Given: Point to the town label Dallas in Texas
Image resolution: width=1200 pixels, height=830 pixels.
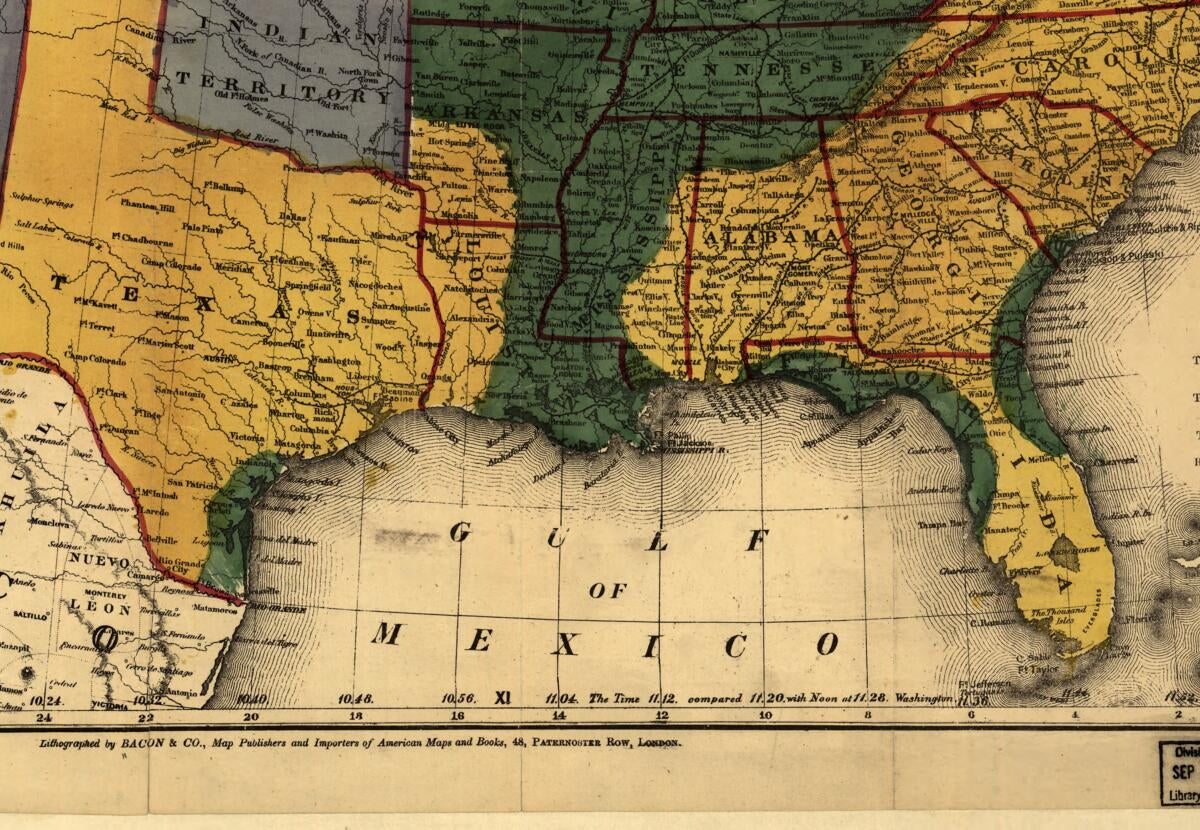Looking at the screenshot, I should coord(293,216).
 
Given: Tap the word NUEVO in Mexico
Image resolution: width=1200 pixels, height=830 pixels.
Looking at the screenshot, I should coord(98,562).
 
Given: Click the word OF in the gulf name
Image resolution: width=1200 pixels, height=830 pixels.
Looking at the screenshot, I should coord(608,591).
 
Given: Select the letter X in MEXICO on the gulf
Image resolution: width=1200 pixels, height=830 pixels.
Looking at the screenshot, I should coord(565,645).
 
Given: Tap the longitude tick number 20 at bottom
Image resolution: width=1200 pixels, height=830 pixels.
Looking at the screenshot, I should coord(250,716).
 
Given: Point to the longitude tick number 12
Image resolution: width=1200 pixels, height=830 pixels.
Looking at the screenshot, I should coord(661,716).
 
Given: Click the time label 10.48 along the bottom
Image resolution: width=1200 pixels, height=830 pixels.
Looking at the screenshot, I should coord(356,698).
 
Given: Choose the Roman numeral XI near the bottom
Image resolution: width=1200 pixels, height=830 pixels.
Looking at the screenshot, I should coord(503,697).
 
